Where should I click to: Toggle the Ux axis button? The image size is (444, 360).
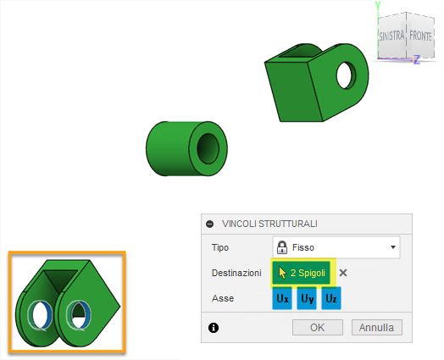[282, 299]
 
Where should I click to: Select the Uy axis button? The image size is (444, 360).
[307, 299]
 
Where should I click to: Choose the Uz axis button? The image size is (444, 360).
[330, 299]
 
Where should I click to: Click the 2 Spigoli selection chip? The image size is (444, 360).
[304, 273]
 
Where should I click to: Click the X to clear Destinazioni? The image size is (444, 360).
[343, 273]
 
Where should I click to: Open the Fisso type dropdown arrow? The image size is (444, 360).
[393, 247]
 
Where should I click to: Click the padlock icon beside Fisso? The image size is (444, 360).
[282, 247]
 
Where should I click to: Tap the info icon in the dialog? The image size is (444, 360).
[212, 327]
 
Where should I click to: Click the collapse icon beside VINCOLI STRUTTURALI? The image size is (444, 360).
[209, 224]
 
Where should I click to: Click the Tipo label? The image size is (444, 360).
[219, 247]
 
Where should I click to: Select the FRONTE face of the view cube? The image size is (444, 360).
[420, 37]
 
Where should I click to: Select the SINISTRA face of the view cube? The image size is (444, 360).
[392, 37]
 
